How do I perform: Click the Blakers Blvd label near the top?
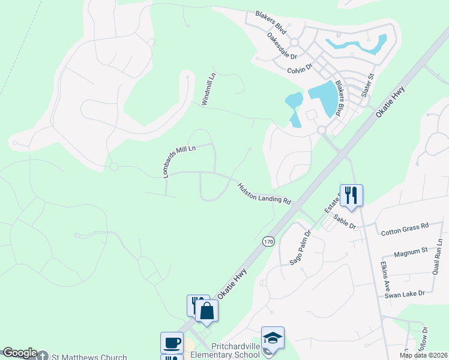271,23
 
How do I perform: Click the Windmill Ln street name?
208,90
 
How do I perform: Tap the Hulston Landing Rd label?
264,194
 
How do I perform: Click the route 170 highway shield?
268,241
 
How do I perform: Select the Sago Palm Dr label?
300,247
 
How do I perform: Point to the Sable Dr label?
345,221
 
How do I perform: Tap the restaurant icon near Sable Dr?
351,194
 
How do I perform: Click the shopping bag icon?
206,310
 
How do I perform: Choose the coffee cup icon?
172,343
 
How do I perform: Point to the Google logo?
20,353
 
